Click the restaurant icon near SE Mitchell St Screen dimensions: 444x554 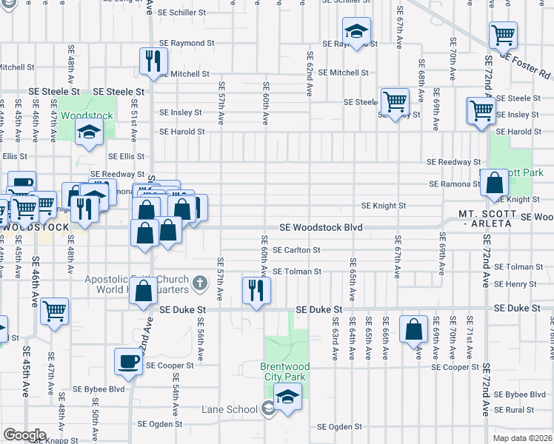tap(153, 61)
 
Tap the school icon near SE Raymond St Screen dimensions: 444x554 tap(356, 32)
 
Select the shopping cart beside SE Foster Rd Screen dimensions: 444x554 tap(503, 35)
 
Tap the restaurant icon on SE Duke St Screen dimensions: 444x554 tap(256, 290)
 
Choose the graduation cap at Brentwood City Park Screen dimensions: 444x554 tap(288, 395)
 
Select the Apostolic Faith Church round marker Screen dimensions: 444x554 tap(198, 283)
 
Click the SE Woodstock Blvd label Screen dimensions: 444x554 tap(321, 228)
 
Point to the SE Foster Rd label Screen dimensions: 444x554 tap(526, 64)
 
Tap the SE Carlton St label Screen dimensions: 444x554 tap(296, 251)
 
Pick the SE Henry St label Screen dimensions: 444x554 tap(515, 284)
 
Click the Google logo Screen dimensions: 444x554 tap(24, 434)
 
